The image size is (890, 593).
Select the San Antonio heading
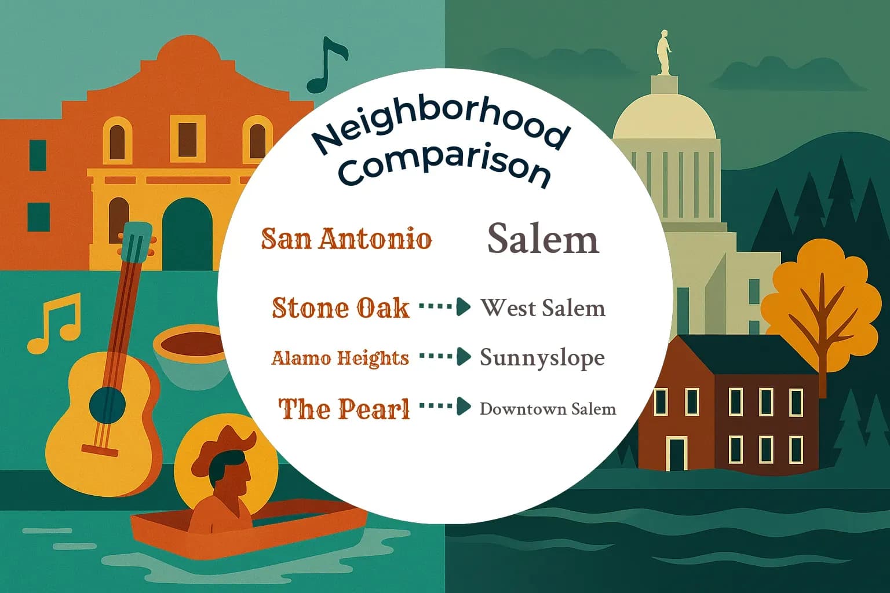[x=346, y=239]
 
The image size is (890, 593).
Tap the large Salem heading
[x=542, y=238]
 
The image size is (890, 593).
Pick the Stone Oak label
[x=341, y=308]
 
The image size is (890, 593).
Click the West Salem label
[x=542, y=308]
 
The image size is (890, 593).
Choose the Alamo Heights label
[x=340, y=358]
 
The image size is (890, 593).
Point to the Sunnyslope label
[x=542, y=358]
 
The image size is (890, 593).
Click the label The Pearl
[x=344, y=408]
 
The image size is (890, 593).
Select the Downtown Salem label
[x=548, y=409]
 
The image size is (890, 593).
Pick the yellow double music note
[x=54, y=323]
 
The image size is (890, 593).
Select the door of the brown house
[x=676, y=453]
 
